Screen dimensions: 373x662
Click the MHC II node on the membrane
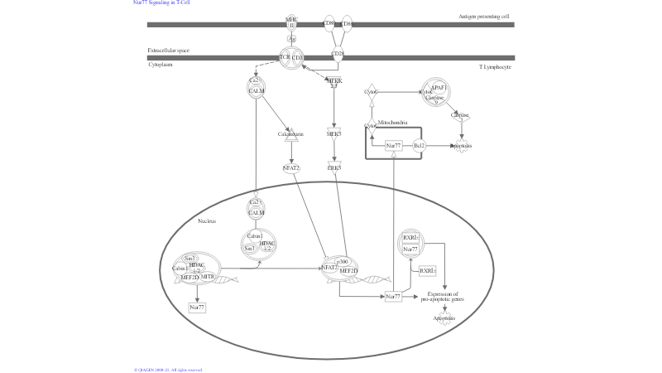tap(291, 23)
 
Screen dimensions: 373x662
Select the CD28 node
tap(338, 56)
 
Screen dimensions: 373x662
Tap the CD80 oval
tap(329, 24)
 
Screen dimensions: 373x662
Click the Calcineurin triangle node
tap(291, 133)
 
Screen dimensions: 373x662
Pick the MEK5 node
tap(334, 133)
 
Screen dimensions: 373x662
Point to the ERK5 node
tap(334, 167)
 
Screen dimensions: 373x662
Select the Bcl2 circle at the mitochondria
tap(419, 146)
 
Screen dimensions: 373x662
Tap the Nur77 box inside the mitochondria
tap(394, 146)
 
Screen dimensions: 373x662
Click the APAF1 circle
tap(439, 87)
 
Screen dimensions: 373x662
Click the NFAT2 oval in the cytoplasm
tap(291, 167)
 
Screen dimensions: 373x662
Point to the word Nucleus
tap(207, 221)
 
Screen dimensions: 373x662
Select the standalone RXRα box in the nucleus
tap(426, 271)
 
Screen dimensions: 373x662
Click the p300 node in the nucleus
tap(342, 261)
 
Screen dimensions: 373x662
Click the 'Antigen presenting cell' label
tap(484, 17)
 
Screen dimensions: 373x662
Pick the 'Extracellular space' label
tap(168, 51)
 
